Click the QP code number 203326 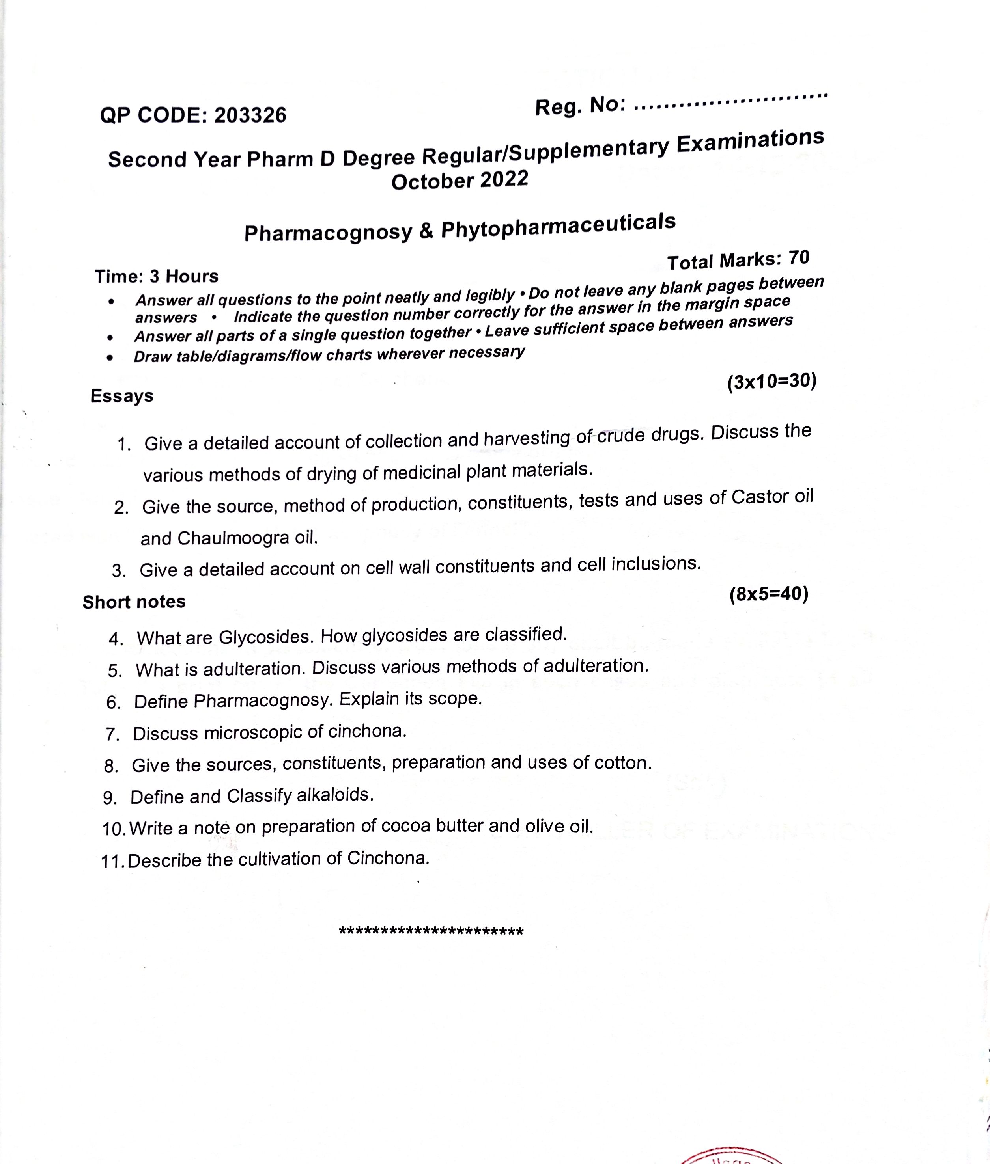(x=250, y=115)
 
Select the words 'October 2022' (x=460, y=181)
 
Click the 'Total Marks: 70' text (x=738, y=260)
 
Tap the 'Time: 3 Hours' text (x=157, y=276)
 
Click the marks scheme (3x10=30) (x=771, y=382)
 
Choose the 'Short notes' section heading (x=134, y=602)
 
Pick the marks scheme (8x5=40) (x=769, y=594)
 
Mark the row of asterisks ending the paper (x=431, y=932)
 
